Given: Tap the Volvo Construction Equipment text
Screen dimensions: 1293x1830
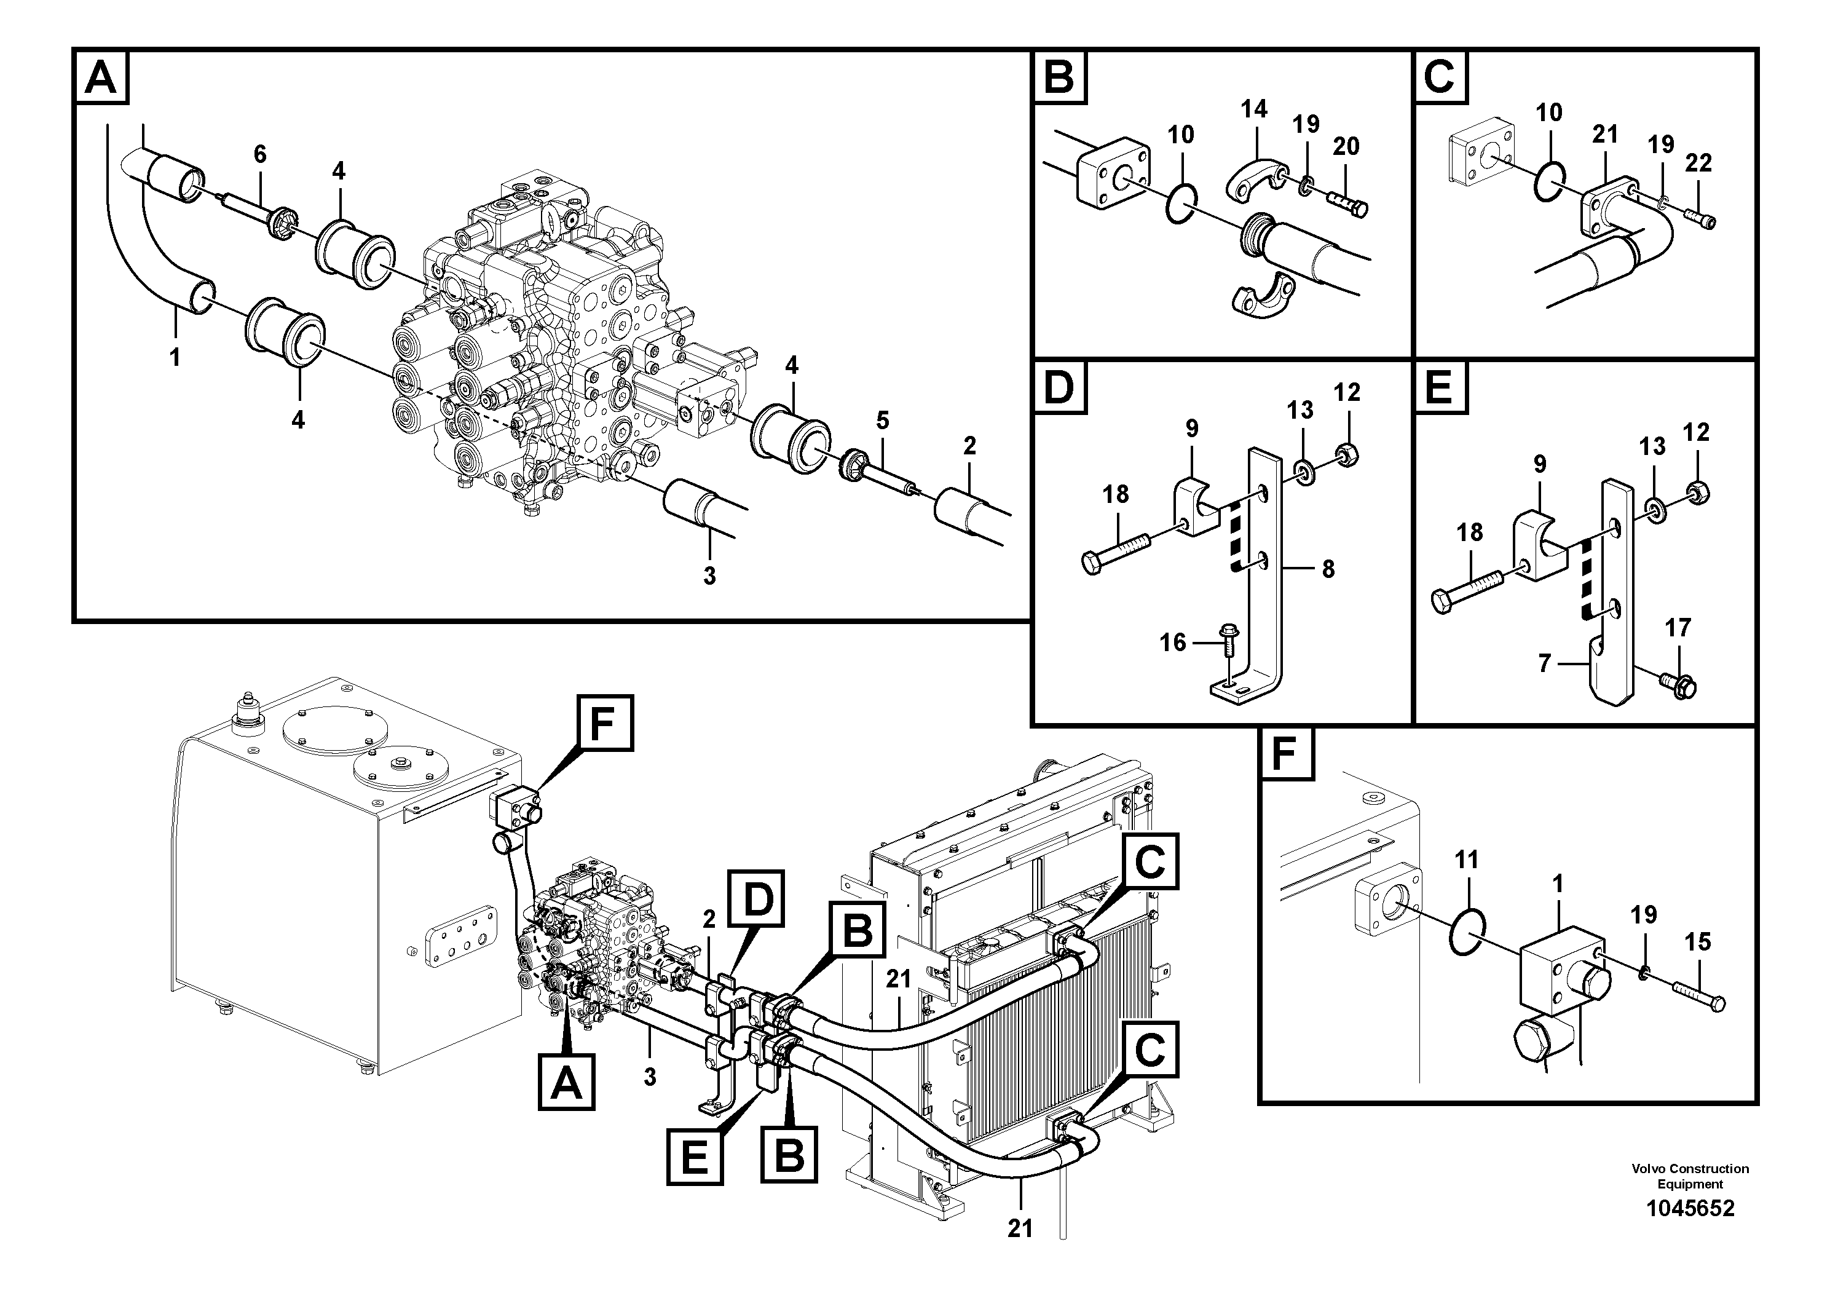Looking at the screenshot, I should pyautogui.click(x=1690, y=1176).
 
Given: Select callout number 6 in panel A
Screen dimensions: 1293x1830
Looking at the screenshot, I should pyautogui.click(x=260, y=154).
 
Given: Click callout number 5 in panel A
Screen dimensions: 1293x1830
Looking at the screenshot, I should pyautogui.click(x=881, y=420).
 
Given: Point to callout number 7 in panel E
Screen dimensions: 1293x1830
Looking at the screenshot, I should pyautogui.click(x=1544, y=662).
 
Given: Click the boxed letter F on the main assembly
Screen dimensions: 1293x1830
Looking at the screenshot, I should pyautogui.click(x=605, y=723).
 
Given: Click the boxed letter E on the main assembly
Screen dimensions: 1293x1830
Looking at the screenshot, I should pyautogui.click(x=695, y=1157).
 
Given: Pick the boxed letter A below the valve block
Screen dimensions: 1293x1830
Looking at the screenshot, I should pyautogui.click(x=567, y=1081).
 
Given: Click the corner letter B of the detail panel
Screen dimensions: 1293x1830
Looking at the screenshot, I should pyautogui.click(x=1060, y=77).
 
